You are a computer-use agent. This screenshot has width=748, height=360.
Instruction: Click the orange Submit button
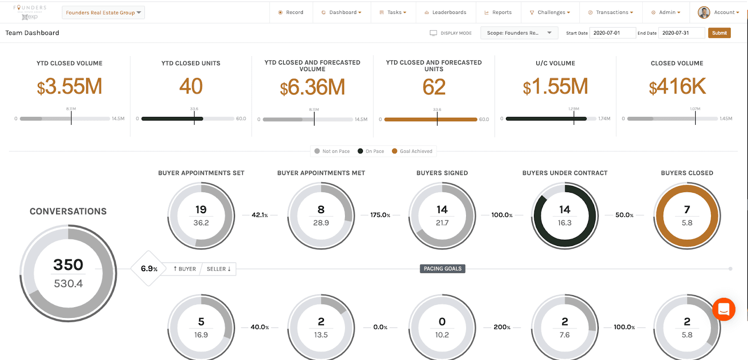pyautogui.click(x=719, y=33)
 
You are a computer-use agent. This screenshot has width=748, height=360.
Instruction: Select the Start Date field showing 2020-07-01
pyautogui.click(x=612, y=33)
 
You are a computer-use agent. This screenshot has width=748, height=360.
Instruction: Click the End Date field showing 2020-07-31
pyautogui.click(x=681, y=33)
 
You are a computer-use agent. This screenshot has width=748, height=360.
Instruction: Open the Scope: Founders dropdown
pyautogui.click(x=519, y=33)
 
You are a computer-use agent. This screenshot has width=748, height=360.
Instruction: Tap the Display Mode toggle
pyautogui.click(x=451, y=33)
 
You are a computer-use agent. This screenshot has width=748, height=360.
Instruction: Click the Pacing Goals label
pyautogui.click(x=442, y=269)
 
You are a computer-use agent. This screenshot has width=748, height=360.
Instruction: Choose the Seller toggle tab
pyautogui.click(x=218, y=269)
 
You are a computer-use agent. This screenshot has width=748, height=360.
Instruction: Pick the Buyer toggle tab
pyautogui.click(x=185, y=269)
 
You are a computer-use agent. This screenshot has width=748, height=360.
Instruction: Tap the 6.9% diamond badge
pyautogui.click(x=149, y=269)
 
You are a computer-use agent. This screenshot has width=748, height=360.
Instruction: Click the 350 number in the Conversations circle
pyautogui.click(x=68, y=265)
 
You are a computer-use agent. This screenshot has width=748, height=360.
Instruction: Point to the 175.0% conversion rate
pyautogui.click(x=380, y=215)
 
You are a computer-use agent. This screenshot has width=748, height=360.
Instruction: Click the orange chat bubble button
pyautogui.click(x=724, y=309)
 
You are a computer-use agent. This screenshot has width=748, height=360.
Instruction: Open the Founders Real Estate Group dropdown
pyautogui.click(x=103, y=13)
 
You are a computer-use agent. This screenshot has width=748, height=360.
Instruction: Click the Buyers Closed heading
pyautogui.click(x=687, y=173)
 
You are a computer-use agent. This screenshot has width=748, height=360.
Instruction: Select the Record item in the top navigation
pyautogui.click(x=291, y=13)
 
